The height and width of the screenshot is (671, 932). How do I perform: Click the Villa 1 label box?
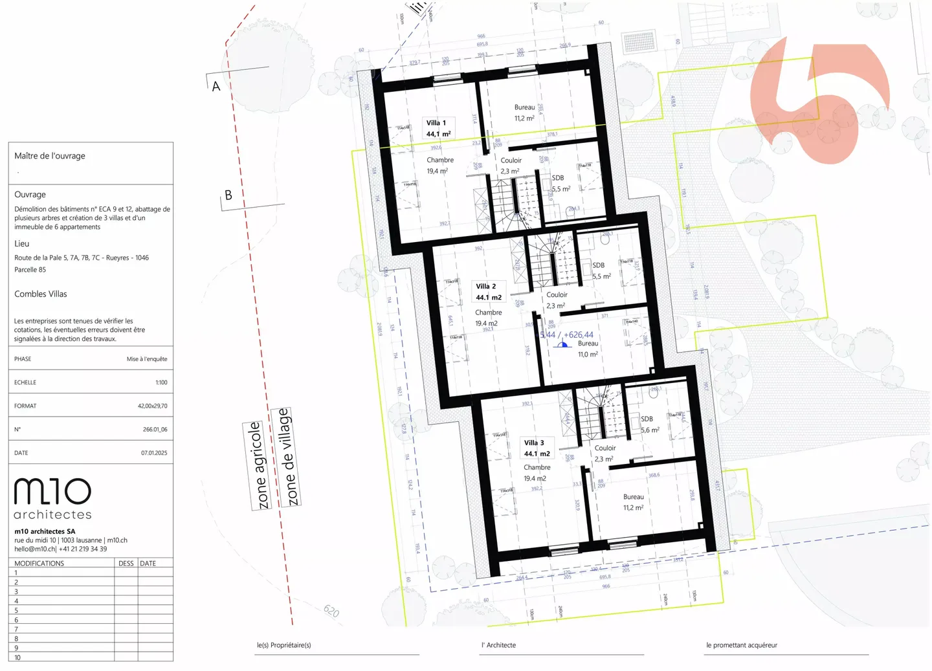(438, 128)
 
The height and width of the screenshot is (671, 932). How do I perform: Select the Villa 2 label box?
(488, 292)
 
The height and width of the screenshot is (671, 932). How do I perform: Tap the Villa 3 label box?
(537, 448)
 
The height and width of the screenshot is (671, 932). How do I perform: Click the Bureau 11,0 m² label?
(588, 349)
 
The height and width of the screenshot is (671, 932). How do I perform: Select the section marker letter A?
(216, 86)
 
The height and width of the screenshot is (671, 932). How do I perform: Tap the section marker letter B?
(228, 195)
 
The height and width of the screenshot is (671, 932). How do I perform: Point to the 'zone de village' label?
(288, 457)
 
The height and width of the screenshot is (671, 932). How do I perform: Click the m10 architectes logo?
(52, 499)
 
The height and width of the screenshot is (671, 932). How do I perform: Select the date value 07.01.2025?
(154, 453)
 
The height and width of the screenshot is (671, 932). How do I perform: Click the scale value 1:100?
(161, 382)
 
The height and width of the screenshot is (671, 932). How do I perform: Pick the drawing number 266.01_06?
(155, 430)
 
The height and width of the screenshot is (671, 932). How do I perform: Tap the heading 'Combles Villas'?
(41, 294)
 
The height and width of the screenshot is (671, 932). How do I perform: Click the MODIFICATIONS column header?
(39, 564)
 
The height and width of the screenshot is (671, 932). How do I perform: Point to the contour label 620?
(331, 611)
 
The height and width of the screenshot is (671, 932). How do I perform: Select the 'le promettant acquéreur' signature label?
(741, 645)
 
